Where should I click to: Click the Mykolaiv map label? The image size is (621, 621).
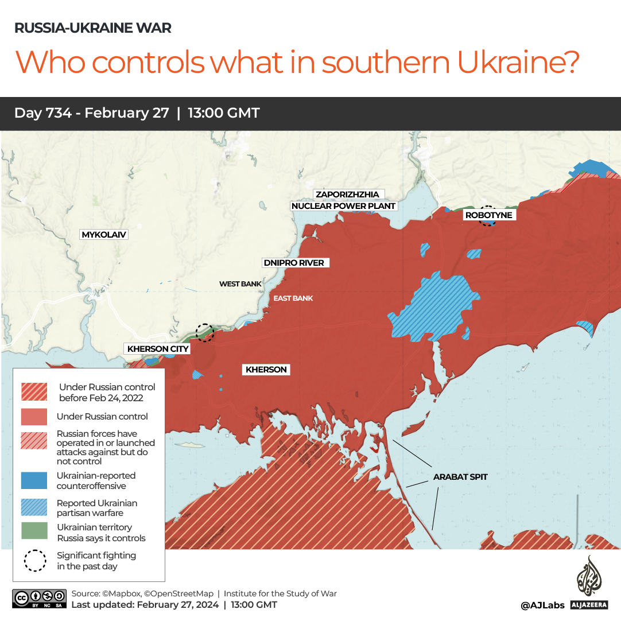104,235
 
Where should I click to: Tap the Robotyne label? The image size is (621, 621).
488,215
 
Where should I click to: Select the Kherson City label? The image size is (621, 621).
157,349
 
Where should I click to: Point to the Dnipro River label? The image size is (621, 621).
293,263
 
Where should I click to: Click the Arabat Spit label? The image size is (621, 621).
460,477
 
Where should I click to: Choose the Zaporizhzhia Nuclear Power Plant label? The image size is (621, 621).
344,200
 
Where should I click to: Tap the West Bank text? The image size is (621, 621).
240,284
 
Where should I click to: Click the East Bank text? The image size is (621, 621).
293,298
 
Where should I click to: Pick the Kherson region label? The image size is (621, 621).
266,370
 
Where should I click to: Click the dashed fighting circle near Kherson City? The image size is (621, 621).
204,332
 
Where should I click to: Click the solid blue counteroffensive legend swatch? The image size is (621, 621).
34,480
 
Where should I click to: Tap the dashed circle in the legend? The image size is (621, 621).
34,561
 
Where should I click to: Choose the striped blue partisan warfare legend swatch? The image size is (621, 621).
34,507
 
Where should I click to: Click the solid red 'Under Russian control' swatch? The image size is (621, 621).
34,417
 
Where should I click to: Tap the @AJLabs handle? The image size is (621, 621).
542,605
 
